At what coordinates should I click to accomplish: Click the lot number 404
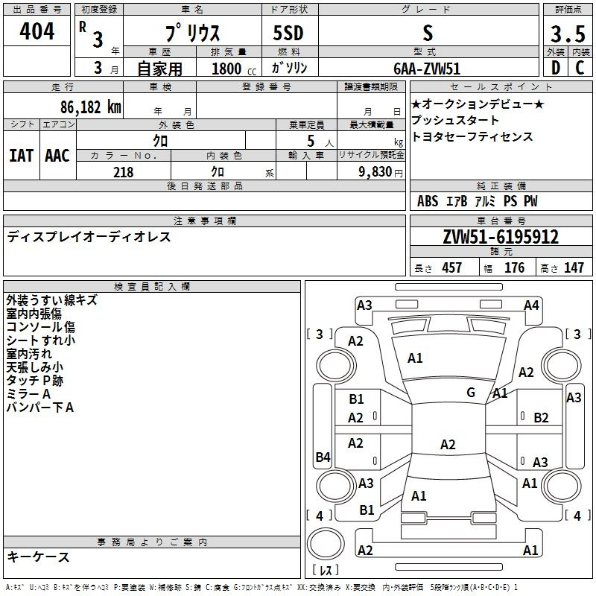pos(37,31)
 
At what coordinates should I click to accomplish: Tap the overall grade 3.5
pos(568,34)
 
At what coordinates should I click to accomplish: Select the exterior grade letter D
pos(555,68)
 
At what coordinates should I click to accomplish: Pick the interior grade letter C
pos(580,68)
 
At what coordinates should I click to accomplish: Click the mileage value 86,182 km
pos(90,107)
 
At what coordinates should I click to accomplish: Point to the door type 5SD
pos(288,33)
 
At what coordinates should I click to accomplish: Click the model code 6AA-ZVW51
pos(427,69)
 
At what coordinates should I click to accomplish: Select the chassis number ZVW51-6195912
pos(501,237)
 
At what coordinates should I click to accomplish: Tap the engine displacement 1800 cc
pos(233,69)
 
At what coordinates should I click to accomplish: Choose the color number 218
pos(123,172)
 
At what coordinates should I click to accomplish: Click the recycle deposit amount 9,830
pos(375,172)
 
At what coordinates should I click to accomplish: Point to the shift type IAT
pos(21,156)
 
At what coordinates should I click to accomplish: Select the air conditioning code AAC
pos(57,156)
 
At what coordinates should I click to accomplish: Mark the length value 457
pos(451,267)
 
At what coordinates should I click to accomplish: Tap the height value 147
pos(574,267)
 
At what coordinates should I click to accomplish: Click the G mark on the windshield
pos(471,392)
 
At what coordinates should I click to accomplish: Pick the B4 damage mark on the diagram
pos(323,457)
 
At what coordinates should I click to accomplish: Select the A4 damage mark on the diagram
pos(531,305)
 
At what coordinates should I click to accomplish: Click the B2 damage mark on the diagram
pos(541,418)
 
